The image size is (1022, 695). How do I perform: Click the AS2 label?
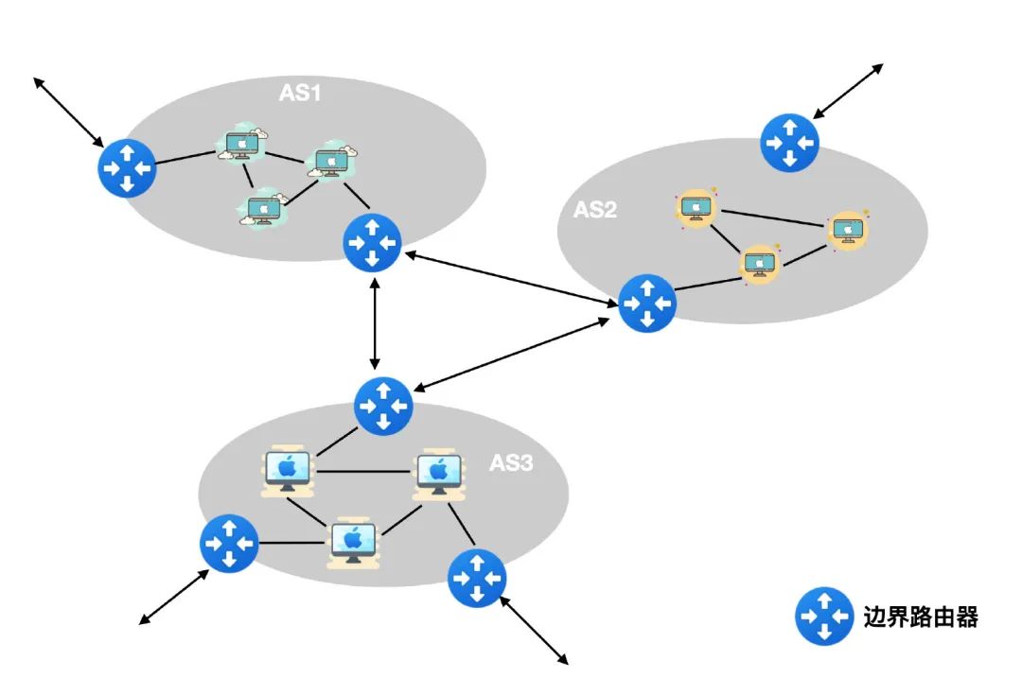point(595,210)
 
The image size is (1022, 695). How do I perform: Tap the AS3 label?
point(511,463)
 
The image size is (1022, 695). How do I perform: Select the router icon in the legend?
point(824,617)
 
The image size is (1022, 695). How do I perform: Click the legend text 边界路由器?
point(921,617)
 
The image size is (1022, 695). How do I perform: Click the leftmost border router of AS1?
point(127,167)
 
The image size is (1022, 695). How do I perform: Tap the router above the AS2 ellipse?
point(790,143)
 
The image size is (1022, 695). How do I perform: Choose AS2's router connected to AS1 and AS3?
point(647,303)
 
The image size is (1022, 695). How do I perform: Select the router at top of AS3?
point(383,405)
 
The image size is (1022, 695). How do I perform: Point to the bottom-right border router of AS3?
point(477,577)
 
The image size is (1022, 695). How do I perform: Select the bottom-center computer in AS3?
point(353,543)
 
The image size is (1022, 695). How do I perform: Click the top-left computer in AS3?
point(288,469)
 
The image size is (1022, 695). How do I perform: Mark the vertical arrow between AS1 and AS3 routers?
point(376,324)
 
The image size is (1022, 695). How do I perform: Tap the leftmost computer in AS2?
point(695,207)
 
